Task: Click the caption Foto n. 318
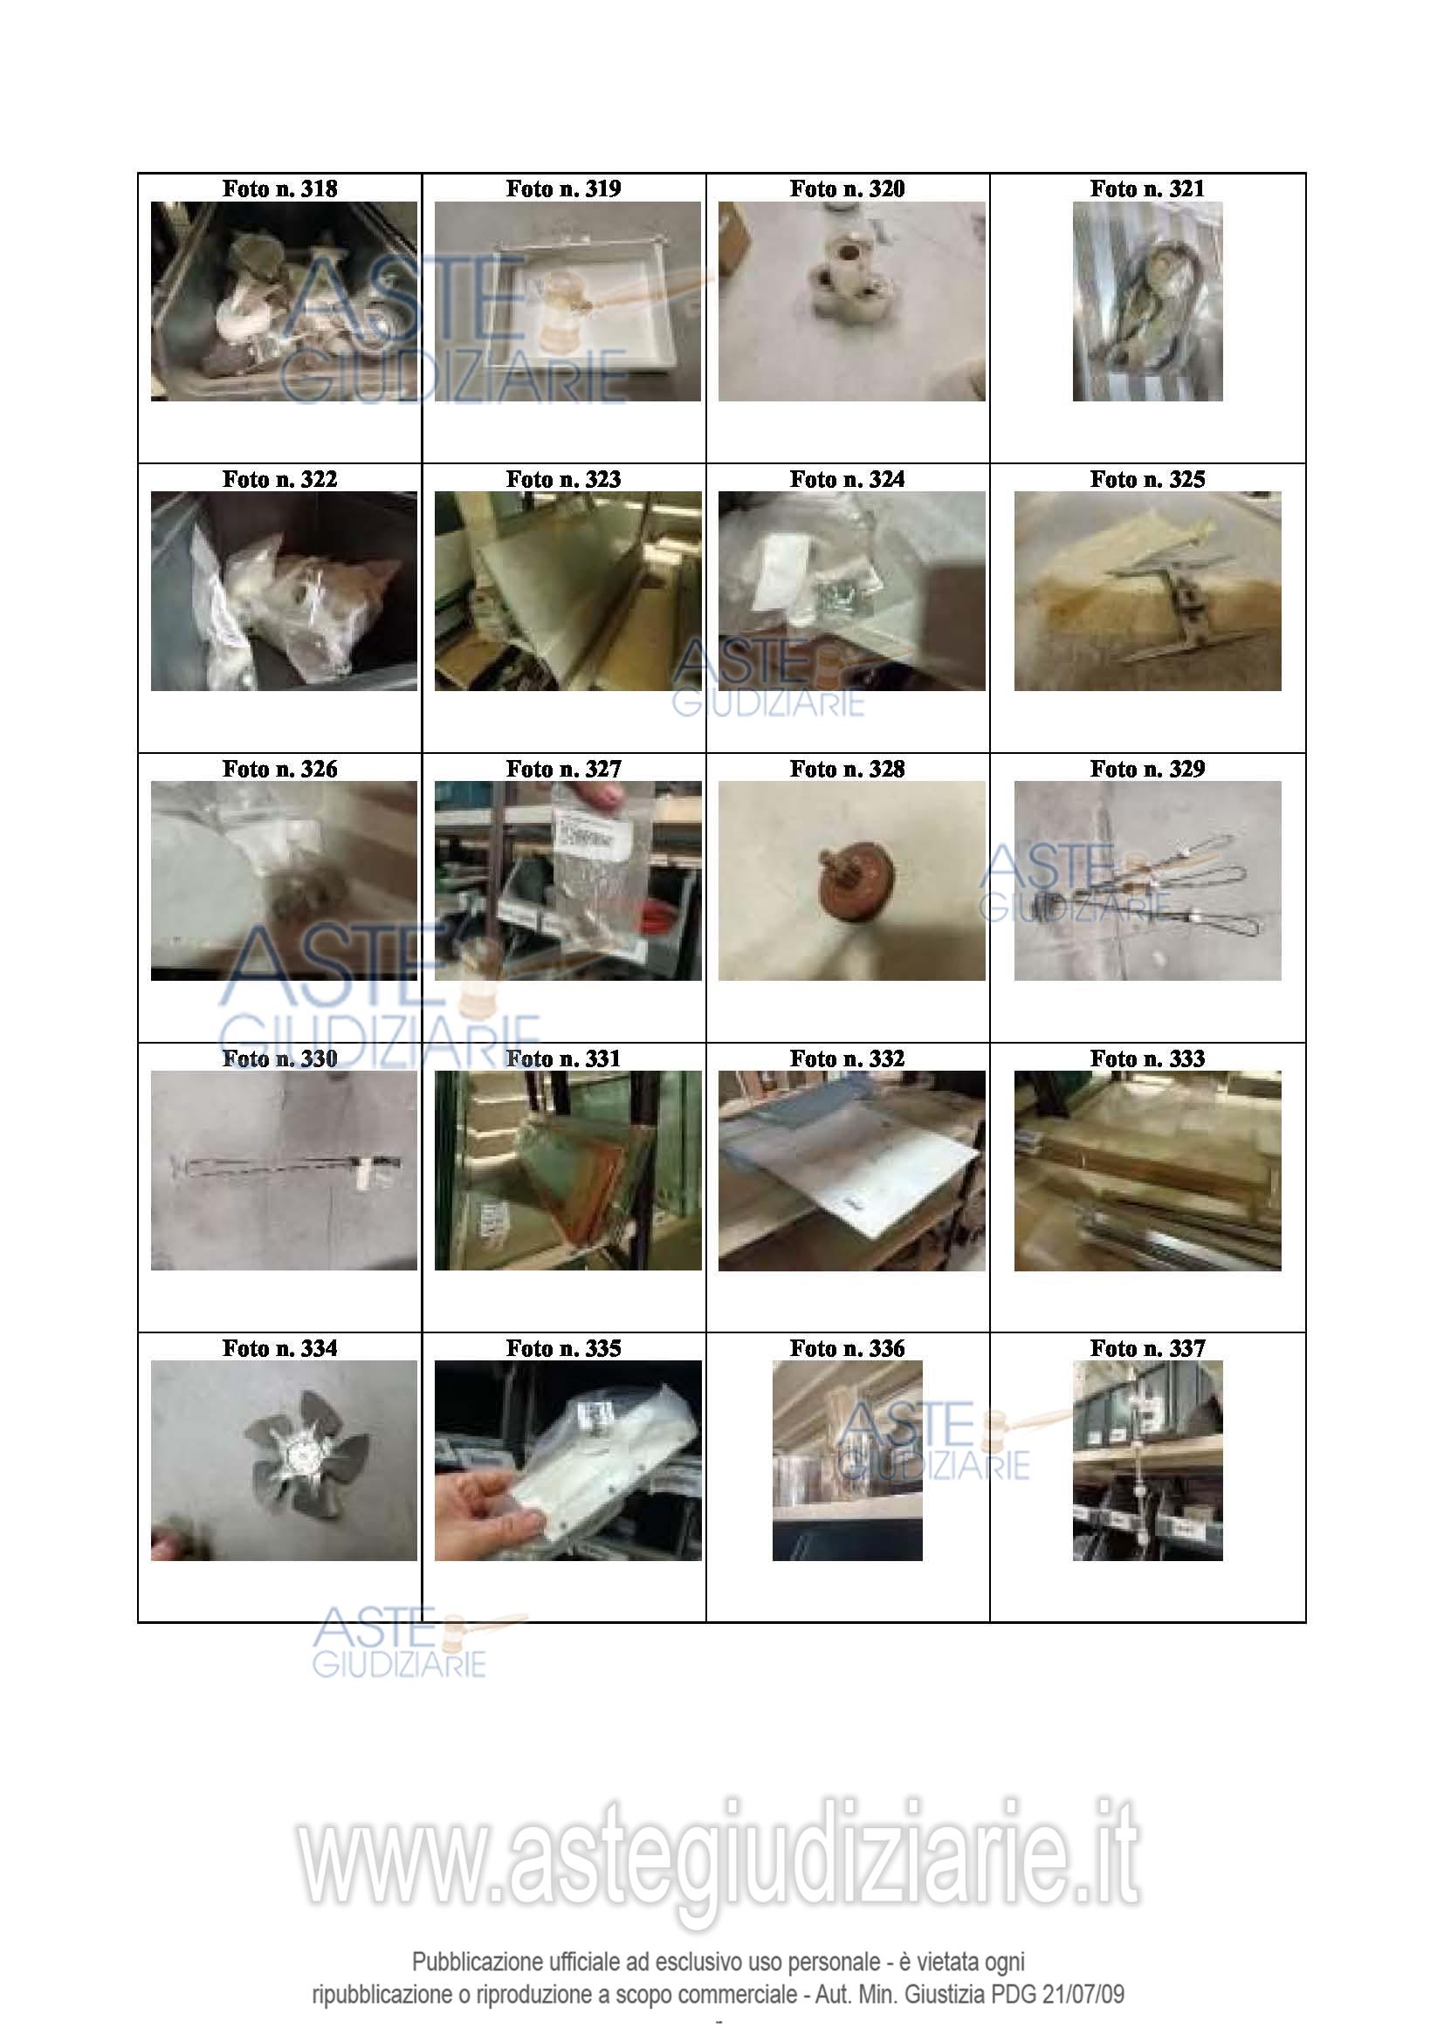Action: tap(279, 188)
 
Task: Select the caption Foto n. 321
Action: tap(1147, 188)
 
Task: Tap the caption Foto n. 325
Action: tap(1147, 479)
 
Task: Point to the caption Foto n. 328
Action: tap(847, 769)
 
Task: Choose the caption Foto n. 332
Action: tap(847, 1058)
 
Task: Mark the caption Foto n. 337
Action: tap(1147, 1348)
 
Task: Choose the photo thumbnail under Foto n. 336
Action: tap(847, 1461)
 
